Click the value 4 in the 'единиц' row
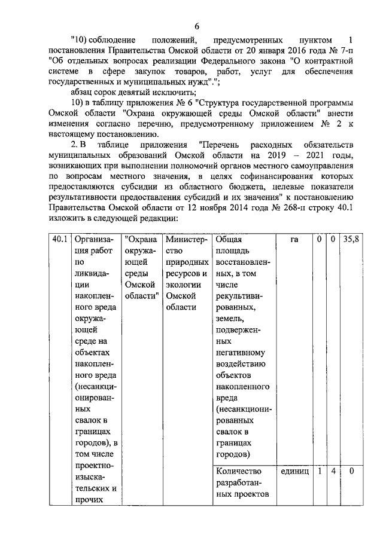(x=331, y=471)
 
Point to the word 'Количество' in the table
(x=238, y=472)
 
